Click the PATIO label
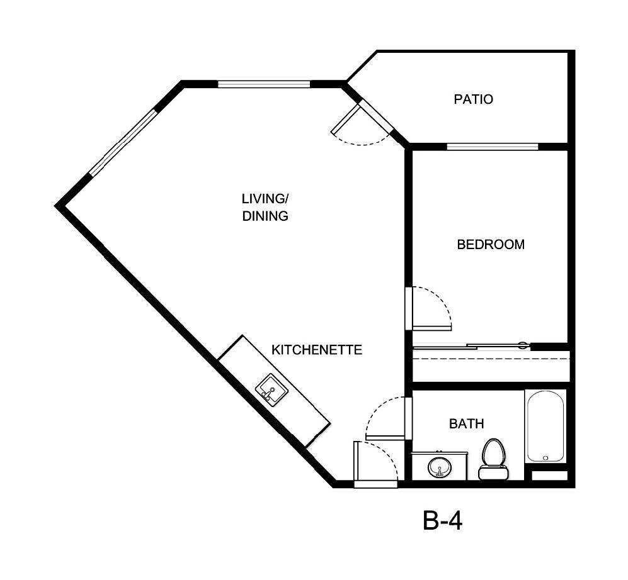click(473, 99)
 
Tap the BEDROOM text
click(490, 244)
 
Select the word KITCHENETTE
click(316, 350)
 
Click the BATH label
click(466, 424)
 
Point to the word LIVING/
click(265, 199)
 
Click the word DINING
click(265, 216)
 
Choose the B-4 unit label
click(442, 521)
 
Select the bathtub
click(545, 427)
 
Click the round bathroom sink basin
click(439, 468)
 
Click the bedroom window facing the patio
click(493, 147)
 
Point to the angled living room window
click(122, 143)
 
